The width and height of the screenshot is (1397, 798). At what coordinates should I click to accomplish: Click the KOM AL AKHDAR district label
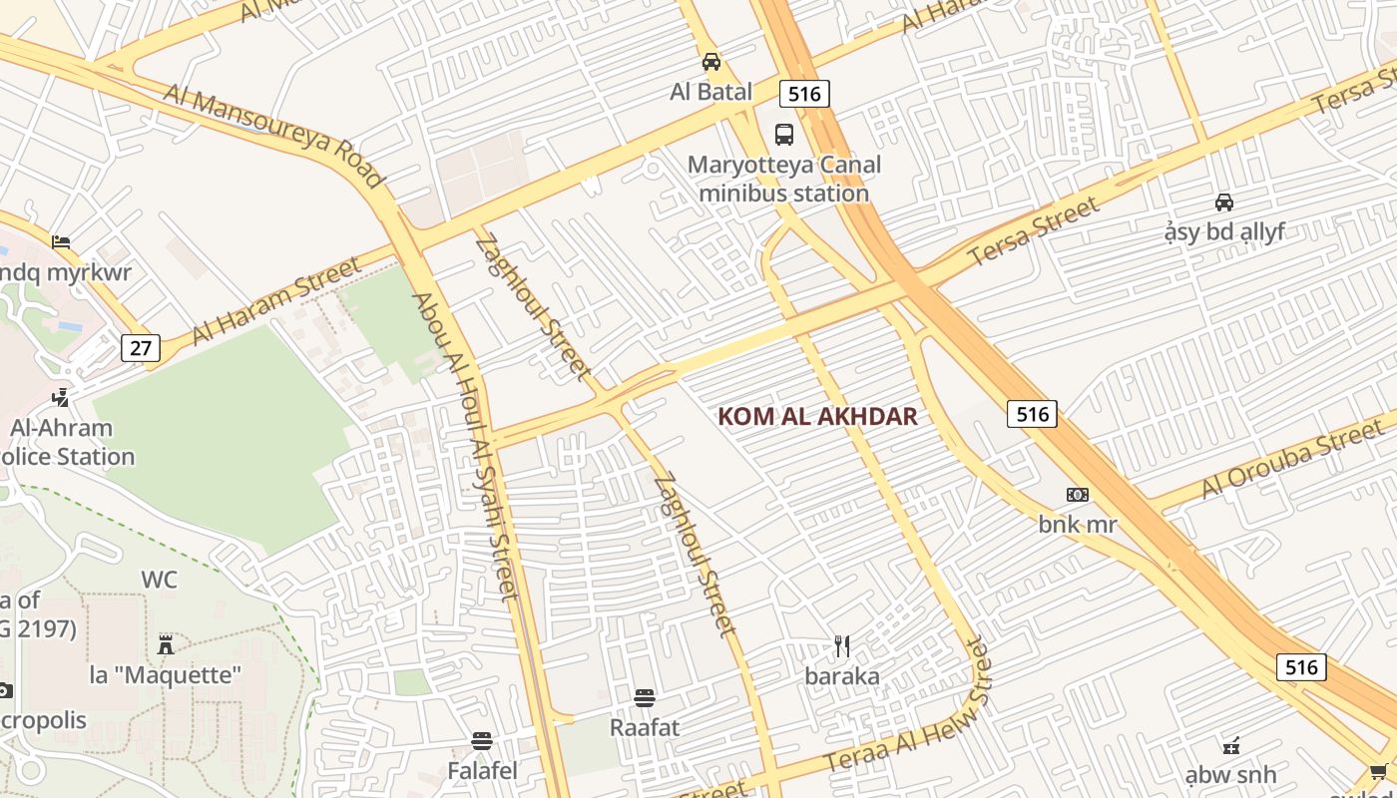[x=817, y=417]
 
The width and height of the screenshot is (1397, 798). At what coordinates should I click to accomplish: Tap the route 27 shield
[x=141, y=348]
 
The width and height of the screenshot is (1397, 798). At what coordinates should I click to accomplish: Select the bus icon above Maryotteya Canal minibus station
[x=784, y=135]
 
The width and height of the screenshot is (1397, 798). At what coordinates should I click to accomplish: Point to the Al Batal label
[x=710, y=92]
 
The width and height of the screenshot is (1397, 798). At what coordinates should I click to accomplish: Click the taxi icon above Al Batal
[x=710, y=62]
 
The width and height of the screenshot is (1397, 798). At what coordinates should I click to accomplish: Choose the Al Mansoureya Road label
[x=273, y=136]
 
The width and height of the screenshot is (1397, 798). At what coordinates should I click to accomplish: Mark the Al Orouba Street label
[x=1293, y=458]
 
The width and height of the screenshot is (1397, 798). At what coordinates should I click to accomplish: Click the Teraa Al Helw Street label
[x=908, y=710]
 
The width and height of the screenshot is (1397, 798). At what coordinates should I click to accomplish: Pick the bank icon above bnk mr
[x=1077, y=494]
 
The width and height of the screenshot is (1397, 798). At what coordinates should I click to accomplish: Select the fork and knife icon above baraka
[x=842, y=646]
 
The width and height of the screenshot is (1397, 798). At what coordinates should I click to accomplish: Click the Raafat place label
[x=645, y=727]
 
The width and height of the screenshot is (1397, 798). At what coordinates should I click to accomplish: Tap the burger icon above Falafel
[x=482, y=741]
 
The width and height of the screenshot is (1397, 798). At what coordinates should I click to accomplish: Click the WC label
[x=159, y=580]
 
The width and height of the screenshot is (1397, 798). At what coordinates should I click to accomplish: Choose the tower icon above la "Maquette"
[x=166, y=644]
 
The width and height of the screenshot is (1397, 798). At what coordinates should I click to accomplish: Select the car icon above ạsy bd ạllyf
[x=1223, y=202]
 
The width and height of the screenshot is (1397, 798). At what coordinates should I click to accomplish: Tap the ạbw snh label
[x=1230, y=775]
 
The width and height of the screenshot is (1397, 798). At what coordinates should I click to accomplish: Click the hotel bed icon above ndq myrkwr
[x=61, y=241]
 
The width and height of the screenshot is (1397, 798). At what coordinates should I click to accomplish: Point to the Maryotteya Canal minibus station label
[x=783, y=180]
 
